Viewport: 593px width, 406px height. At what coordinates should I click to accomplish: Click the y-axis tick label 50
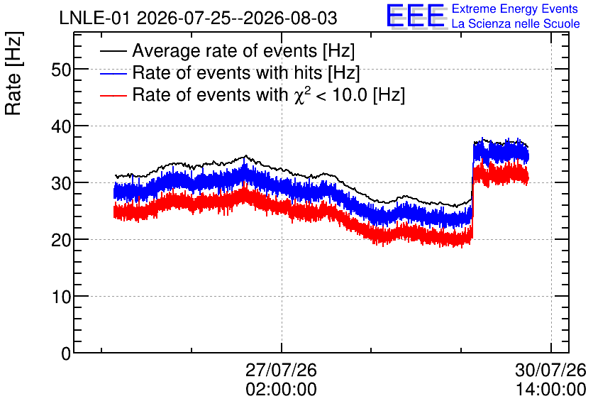click(x=61, y=70)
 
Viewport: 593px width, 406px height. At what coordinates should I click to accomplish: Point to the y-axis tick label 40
click(x=61, y=126)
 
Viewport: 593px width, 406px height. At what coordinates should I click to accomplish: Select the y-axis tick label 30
click(x=61, y=183)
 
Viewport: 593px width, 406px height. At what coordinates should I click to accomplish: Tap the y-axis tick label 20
click(x=61, y=240)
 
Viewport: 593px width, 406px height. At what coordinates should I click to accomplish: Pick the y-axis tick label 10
click(x=61, y=297)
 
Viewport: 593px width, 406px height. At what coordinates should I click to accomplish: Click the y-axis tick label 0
click(x=66, y=353)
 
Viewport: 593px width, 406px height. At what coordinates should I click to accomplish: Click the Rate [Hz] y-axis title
click(x=13, y=73)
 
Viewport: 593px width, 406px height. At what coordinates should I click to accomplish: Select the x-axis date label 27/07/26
click(x=281, y=370)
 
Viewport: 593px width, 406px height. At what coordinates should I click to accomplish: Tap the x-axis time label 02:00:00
click(x=281, y=389)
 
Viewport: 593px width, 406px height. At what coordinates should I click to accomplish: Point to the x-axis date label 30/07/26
click(x=550, y=370)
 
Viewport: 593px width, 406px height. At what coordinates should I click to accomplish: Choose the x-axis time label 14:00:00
click(x=550, y=389)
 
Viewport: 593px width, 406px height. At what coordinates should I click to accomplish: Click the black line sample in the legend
click(x=113, y=51)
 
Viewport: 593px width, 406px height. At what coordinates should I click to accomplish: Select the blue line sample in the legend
click(x=113, y=73)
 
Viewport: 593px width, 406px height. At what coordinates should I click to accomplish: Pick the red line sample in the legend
click(x=113, y=95)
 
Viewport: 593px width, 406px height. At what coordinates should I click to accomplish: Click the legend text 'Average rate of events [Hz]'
click(x=243, y=51)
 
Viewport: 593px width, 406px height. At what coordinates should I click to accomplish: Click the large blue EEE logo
click(x=415, y=16)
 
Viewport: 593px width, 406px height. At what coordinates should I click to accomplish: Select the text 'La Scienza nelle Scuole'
click(x=516, y=23)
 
